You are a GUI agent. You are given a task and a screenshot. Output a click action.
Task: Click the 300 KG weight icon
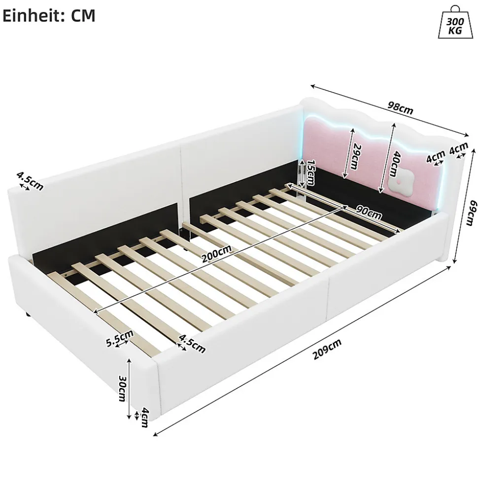point(455,22)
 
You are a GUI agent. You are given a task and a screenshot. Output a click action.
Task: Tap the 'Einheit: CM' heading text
point(49,16)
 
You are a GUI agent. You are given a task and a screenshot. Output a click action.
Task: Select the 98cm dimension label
point(401,108)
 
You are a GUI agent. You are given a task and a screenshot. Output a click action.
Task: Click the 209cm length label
point(327,349)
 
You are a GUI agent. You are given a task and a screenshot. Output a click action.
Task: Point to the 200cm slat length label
point(216,254)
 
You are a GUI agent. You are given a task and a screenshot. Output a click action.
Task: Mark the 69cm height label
point(472,213)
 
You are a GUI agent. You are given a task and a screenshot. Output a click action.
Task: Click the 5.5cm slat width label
point(120,338)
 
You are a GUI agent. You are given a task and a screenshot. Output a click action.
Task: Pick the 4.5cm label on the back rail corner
point(30,181)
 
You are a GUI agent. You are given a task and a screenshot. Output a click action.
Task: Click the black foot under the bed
point(27,314)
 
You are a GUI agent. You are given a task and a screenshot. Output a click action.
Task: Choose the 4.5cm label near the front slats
point(192,344)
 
